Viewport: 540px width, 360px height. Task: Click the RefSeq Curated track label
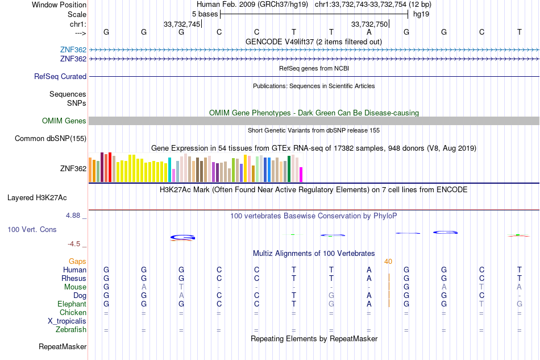[60, 76]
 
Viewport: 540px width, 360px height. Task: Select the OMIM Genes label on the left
[64, 121]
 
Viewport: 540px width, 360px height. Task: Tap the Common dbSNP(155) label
[51, 139]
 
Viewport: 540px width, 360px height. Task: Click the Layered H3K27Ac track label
[37, 198]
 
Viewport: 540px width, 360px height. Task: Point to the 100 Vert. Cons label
[32, 229]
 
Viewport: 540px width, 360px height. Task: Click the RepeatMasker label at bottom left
[63, 346]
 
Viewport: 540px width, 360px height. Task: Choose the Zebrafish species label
[71, 330]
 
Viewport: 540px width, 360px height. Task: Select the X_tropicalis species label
[67, 321]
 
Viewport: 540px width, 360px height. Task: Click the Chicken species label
[73, 312]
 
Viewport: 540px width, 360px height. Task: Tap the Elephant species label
[72, 304]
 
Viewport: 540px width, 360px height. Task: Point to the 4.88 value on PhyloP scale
[73, 216]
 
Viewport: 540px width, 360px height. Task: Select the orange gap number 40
[388, 262]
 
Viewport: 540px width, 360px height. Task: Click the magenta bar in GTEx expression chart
[301, 175]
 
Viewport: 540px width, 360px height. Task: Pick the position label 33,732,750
[369, 24]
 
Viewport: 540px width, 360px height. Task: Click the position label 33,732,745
[182, 24]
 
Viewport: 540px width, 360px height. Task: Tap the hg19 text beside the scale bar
[421, 14]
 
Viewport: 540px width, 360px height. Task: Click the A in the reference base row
[369, 32]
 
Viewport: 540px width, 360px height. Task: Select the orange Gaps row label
[77, 262]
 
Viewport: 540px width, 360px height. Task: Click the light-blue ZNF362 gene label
[73, 49]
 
